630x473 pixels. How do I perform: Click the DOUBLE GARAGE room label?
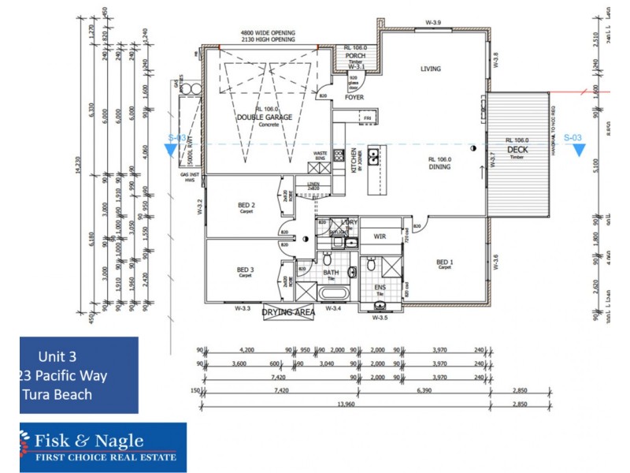click(x=265, y=117)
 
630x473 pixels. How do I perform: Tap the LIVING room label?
click(x=431, y=69)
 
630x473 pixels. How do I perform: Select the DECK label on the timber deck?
click(x=517, y=149)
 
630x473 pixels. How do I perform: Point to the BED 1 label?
click(x=445, y=263)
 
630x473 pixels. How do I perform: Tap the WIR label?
click(x=380, y=236)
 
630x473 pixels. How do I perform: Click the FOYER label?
click(x=354, y=98)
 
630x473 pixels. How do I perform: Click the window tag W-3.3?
click(x=243, y=309)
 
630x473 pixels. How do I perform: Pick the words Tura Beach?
click(x=61, y=394)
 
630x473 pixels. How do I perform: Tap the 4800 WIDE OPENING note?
click(x=268, y=33)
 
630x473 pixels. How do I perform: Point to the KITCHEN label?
click(x=354, y=162)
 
